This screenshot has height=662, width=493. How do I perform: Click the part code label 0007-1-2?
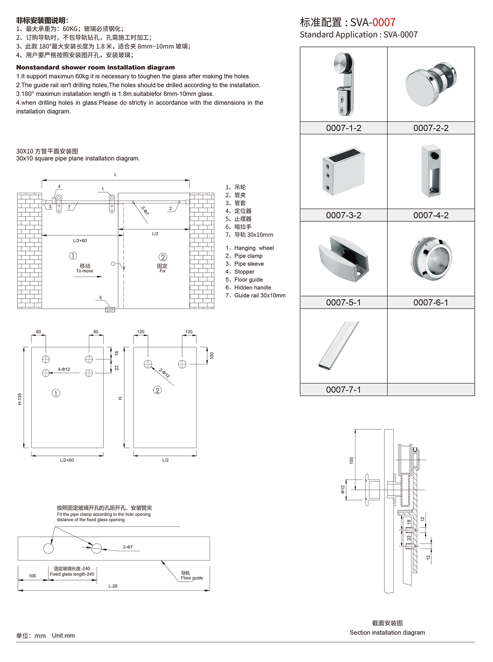coord(343,128)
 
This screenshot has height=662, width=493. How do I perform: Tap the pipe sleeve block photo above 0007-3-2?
coord(343,171)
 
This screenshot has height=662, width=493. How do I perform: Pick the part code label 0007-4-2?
coord(431,215)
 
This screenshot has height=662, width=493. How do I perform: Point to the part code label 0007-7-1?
coord(343,390)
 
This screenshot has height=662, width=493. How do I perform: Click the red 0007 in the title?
coord(384,22)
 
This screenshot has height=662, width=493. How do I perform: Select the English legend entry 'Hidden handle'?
coord(253,287)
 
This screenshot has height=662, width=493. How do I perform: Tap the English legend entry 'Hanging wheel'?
coord(254,248)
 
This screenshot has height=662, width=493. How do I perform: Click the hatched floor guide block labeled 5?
coord(110,309)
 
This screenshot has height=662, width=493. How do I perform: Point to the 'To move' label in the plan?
coord(84,271)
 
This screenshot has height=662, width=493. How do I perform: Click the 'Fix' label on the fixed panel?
coord(163,271)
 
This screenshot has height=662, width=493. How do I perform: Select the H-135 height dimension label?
coord(20,399)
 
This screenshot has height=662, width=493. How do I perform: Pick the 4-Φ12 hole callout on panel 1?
coord(64,369)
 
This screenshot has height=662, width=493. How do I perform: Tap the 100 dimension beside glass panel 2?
coord(212,355)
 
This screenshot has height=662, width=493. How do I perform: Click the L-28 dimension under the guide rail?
coord(113,586)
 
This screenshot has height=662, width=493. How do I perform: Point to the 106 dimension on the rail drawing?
coord(32,576)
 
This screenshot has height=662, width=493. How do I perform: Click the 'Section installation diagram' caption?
coord(387,632)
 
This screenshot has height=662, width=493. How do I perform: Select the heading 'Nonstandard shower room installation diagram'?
coord(96,67)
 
